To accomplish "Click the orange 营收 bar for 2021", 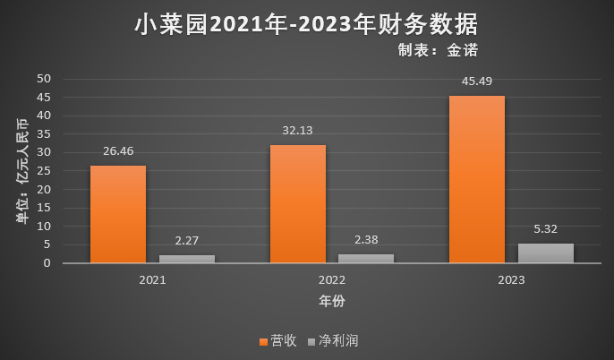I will point(118,214).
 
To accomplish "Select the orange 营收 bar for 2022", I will point(297,204).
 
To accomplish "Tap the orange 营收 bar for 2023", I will point(476,179).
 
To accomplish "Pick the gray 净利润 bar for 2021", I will point(187,259).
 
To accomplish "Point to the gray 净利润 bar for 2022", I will point(366,259).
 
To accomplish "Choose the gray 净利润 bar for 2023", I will point(545,253).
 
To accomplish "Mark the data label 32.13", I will point(297,131).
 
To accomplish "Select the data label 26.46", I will point(118,151).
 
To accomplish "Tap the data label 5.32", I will point(545,229).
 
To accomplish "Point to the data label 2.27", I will point(187,240).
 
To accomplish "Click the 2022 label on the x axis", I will point(331,280).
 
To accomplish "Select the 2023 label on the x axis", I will point(511,280).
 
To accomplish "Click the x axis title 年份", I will point(332,300).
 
